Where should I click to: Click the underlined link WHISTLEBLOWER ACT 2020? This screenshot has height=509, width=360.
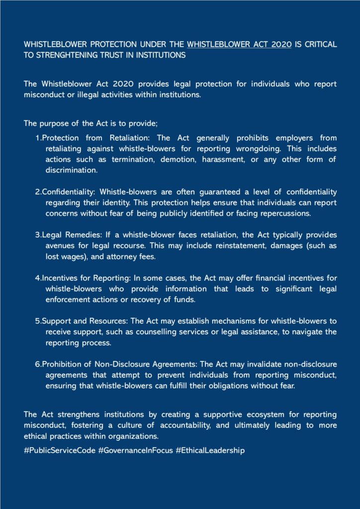pos(239,45)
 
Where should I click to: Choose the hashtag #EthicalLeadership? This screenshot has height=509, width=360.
pos(210,451)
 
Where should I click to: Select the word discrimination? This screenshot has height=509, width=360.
pos(70,170)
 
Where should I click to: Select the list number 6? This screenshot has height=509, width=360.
pos(37,364)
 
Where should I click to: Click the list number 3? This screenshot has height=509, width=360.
pos(37,235)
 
